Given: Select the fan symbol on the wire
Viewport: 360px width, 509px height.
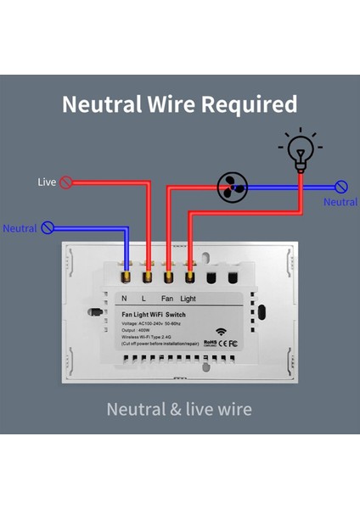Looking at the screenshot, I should (231, 186).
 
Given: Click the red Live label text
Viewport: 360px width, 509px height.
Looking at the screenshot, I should (47, 182).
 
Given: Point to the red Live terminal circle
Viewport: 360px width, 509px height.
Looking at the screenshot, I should (65, 182).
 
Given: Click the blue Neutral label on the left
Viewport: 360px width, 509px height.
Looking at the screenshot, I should (20, 228).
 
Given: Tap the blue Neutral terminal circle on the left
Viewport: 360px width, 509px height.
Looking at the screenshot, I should (48, 227).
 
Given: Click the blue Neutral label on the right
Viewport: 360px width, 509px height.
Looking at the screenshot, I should (340, 202).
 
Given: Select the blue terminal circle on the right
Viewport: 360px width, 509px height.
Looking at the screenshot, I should (341, 187).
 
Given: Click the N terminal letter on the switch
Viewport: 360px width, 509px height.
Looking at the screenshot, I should (125, 299).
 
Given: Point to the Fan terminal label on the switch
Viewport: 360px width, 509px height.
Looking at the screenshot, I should (168, 299).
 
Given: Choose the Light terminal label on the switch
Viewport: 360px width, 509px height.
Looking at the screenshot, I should (188, 299).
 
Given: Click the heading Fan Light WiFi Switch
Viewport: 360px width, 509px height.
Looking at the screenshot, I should (154, 315).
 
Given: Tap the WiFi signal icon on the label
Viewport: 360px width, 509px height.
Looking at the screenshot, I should (222, 332).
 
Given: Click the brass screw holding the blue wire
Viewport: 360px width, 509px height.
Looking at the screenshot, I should (126, 276).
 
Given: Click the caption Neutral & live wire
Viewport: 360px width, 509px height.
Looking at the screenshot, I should (179, 409).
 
